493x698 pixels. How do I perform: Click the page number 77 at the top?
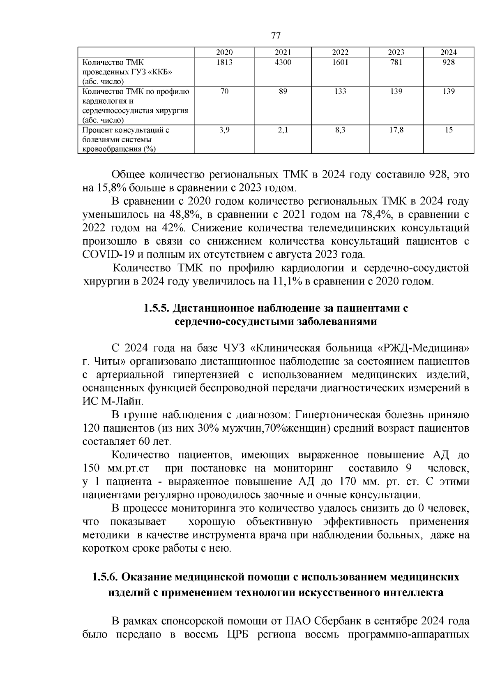click(x=276, y=36)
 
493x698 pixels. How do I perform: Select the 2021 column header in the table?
click(x=283, y=52)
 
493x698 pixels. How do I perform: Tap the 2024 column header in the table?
click(x=449, y=52)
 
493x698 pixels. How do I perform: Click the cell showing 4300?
click(x=283, y=62)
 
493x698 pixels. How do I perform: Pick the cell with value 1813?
click(x=224, y=62)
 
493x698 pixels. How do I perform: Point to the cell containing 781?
click(x=396, y=62)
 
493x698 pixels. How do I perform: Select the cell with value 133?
click(x=340, y=91)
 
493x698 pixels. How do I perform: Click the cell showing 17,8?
click(x=396, y=130)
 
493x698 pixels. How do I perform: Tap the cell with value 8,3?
click(x=340, y=130)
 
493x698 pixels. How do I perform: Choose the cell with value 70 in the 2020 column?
click(x=224, y=91)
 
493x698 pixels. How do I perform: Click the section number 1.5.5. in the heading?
click(x=157, y=308)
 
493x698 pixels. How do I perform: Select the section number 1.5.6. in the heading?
click(x=106, y=577)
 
